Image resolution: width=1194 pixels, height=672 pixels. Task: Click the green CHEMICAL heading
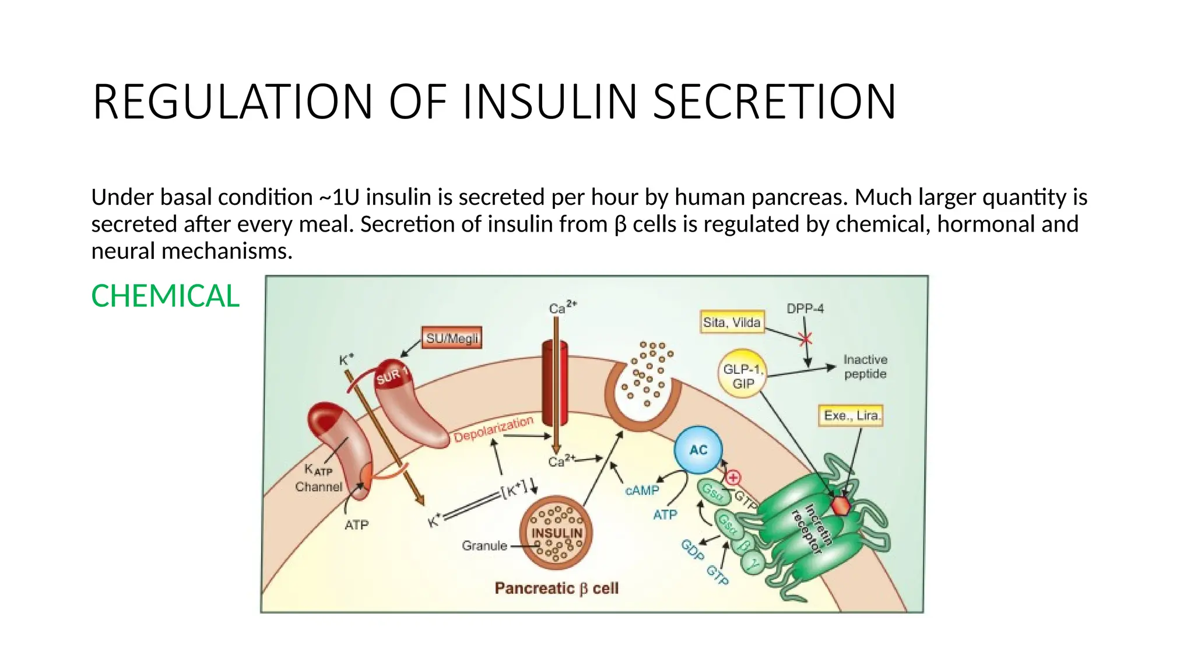click(165, 296)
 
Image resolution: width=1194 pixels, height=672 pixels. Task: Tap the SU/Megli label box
click(452, 338)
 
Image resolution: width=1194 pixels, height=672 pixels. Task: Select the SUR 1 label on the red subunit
click(392, 376)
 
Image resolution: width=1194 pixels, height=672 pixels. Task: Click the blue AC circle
click(698, 450)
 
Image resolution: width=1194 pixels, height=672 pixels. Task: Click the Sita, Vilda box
click(732, 322)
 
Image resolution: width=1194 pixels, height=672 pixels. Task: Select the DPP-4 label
click(805, 309)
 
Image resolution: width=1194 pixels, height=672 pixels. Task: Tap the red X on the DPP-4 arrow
click(806, 339)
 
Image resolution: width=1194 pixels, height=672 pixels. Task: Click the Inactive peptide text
click(865, 366)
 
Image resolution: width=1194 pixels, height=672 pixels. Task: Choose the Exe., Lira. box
click(851, 415)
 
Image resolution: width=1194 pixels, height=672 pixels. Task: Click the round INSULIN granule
click(556, 533)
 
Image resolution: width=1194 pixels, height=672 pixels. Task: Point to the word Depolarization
click(493, 429)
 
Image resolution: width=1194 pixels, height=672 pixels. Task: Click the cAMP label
click(642, 491)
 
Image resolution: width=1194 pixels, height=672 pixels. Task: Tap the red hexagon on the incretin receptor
click(841, 505)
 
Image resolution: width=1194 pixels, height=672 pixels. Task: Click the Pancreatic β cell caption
click(556, 588)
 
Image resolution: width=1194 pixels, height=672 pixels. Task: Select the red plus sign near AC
click(733, 478)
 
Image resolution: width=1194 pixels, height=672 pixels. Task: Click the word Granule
click(484, 545)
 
